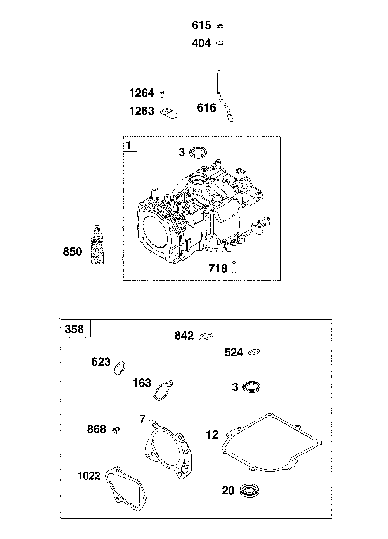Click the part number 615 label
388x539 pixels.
pos(201,26)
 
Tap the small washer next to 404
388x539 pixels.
pos(220,43)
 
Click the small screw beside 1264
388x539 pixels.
pos(163,93)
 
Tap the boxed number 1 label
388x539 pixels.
pos(130,145)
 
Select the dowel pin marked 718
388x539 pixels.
pos(234,268)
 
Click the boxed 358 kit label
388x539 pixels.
pos(75,329)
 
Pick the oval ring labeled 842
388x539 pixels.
pos(206,336)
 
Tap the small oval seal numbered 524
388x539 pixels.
pos(254,352)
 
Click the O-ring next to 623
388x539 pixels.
pos(120,368)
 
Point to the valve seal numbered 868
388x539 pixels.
pos(115,429)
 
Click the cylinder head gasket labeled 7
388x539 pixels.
pos(167,446)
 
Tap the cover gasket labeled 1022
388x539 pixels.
pos(126,487)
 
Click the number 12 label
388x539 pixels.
pos(212,435)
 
